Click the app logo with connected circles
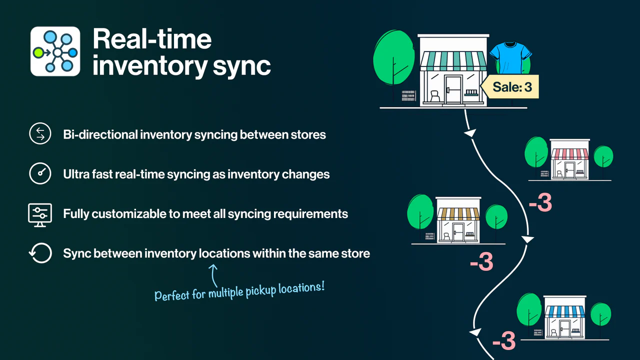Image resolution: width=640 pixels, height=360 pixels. pos(55,51)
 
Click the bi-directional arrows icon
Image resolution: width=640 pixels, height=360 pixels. pos(40,134)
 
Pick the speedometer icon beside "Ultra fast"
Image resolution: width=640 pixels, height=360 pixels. pos(40,174)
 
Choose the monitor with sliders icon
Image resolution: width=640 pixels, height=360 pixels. pos(40,214)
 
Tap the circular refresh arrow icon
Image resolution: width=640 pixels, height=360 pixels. pos(40,253)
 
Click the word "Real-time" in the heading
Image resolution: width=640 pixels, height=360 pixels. pos(152,39)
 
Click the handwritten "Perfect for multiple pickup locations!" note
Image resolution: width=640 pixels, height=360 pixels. pos(240,290)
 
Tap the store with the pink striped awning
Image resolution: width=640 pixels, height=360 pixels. pos(569,160)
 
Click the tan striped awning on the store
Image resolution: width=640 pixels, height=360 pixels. pos(458,214)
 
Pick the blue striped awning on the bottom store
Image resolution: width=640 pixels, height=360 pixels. pos(564,312)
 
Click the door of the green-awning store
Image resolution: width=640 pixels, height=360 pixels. pos(454,88)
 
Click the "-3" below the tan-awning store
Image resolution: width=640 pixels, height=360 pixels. pos(481,262)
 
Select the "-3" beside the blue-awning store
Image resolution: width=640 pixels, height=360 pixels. pos(503,341)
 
